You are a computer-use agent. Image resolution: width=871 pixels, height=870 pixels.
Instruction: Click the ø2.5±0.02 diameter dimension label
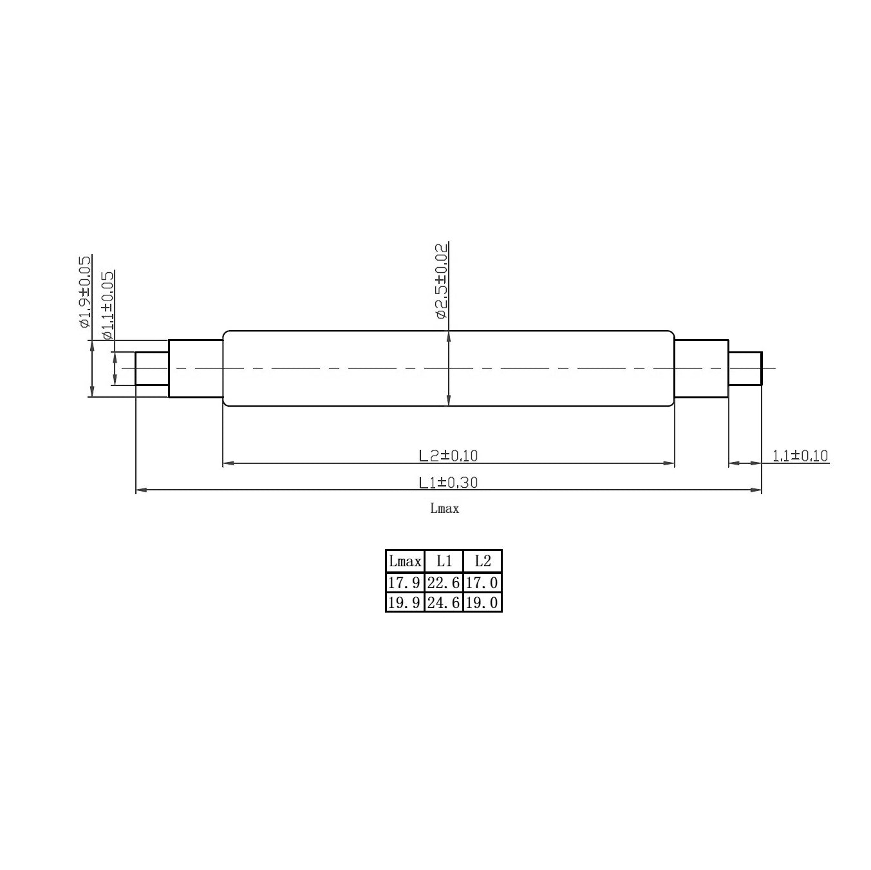[441, 281]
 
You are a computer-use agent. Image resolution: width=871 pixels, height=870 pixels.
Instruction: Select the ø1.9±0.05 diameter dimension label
[84, 292]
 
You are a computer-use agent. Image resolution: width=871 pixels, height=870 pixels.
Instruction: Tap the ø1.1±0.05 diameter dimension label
[108, 305]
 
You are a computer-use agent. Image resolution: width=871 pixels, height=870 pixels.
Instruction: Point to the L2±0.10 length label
[448, 456]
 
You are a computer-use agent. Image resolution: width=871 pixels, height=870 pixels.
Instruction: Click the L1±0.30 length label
[448, 482]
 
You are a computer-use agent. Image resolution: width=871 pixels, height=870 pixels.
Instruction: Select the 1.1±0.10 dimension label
[800, 456]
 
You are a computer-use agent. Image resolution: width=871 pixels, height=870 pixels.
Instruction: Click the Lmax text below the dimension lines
[445, 508]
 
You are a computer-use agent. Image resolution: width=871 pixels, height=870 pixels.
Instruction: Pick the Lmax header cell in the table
[405, 561]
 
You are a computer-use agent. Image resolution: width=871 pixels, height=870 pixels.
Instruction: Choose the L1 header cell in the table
[444, 561]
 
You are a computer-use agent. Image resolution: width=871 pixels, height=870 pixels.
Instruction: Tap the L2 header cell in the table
[482, 561]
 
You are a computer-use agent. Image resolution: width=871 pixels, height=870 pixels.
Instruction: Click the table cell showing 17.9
[405, 583]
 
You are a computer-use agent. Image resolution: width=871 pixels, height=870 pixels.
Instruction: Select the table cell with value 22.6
[444, 583]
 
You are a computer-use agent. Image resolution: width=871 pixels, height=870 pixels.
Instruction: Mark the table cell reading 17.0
[482, 583]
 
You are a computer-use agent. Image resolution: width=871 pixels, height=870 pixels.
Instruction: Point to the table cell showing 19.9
[405, 602]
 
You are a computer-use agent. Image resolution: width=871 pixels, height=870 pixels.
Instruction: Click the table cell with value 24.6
[444, 602]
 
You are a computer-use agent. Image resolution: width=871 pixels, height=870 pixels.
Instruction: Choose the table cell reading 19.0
[482, 602]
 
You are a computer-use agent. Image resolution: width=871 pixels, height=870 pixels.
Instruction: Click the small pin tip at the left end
[152, 369]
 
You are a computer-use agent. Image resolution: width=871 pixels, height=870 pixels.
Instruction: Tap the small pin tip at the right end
[745, 369]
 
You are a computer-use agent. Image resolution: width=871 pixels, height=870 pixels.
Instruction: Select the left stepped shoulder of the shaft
[196, 369]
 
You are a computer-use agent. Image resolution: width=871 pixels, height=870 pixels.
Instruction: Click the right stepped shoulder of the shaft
[702, 369]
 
